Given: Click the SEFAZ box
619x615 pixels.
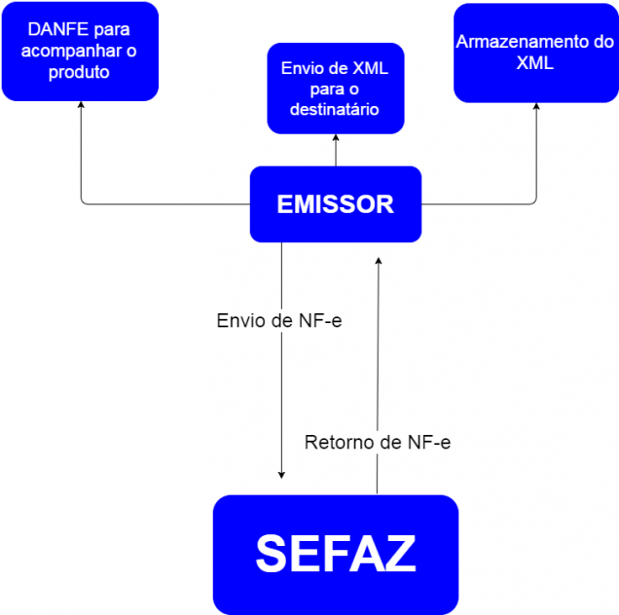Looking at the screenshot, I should [335, 554].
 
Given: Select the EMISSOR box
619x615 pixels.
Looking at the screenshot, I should [335, 204].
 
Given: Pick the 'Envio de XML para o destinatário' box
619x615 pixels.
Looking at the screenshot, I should [335, 89].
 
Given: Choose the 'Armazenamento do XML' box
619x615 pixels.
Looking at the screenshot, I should [535, 54].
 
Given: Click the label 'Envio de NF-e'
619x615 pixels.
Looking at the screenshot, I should [278, 319].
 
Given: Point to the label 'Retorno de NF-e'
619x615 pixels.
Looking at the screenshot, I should [378, 442].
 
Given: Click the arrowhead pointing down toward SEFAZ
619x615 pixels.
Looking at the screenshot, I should [281, 474].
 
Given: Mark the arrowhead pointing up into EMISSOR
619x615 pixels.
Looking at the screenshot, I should [378, 260].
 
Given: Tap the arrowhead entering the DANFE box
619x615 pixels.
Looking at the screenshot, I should [82, 106].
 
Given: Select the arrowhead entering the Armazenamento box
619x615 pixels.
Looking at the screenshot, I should [536, 106].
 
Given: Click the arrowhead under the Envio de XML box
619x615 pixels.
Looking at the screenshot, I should [336, 139].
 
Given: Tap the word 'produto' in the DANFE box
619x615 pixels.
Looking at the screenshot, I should [79, 72].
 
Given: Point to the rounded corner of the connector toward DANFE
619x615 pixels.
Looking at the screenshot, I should [84, 201].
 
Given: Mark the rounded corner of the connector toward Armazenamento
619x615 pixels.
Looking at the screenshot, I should [533, 201].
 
